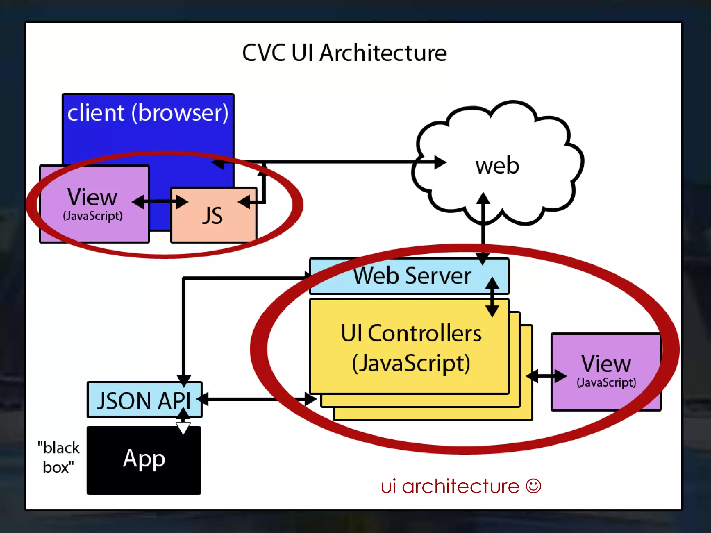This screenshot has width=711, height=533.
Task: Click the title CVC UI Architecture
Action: pyautogui.click(x=344, y=53)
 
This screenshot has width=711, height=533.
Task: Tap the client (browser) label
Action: pyautogui.click(x=148, y=113)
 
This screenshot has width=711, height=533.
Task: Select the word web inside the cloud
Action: pyautogui.click(x=497, y=166)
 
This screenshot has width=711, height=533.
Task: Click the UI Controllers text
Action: pyautogui.click(x=411, y=333)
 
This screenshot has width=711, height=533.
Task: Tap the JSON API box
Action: pyautogui.click(x=144, y=400)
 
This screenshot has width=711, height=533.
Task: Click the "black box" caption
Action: pyautogui.click(x=58, y=457)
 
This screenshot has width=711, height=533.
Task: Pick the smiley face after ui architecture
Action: pyautogui.click(x=533, y=486)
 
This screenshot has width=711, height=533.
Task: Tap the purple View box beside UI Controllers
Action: pyautogui.click(x=606, y=371)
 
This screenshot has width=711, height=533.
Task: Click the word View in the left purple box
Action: pyautogui.click(x=92, y=197)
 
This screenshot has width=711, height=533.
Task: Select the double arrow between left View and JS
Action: pyautogui.click(x=160, y=202)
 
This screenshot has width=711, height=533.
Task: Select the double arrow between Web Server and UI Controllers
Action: pyautogui.click(x=492, y=297)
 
